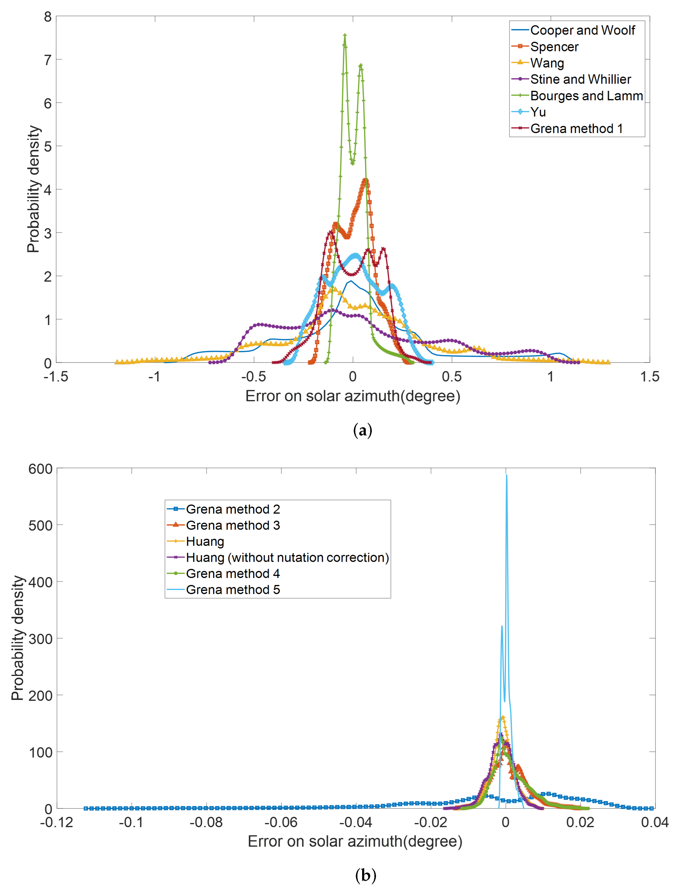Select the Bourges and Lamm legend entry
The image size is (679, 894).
tap(586, 96)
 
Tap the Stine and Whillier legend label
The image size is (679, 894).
tap(580, 79)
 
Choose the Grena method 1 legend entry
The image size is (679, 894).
tap(576, 128)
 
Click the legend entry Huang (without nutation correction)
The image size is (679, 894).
tap(287, 558)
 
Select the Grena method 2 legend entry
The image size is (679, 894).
tap(233, 509)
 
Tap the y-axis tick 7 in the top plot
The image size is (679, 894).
tap(48, 60)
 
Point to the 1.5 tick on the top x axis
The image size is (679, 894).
tap(649, 377)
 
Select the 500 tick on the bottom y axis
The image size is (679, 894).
tap(41, 526)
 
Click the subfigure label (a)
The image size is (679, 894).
tap(363, 430)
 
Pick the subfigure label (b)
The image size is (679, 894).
tap(365, 875)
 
